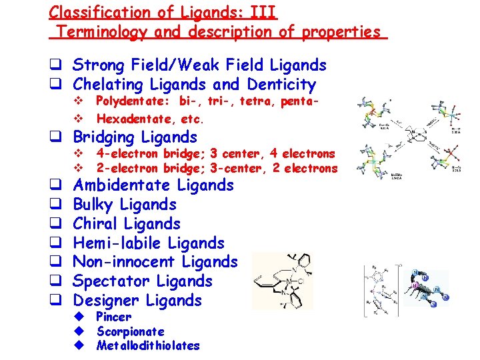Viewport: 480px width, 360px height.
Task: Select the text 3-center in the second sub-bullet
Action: [x=232, y=169]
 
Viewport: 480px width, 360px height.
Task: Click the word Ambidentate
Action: [x=120, y=185]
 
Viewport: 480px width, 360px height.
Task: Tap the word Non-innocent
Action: [x=123, y=262]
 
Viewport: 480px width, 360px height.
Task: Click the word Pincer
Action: [x=114, y=317]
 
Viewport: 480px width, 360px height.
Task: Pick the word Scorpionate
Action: [x=131, y=331]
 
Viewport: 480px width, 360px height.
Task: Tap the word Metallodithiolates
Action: [x=148, y=345]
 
